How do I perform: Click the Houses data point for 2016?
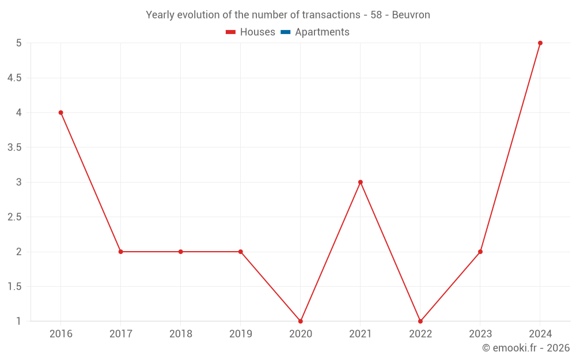pos(60,112)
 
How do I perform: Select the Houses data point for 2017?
pos(120,252)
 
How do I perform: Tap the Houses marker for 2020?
pos(301,321)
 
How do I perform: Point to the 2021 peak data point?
pos(361,182)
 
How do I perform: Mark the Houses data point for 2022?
pos(420,321)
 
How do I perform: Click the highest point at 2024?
pos(540,43)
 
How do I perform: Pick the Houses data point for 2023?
pos(480,252)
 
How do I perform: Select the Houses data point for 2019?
pos(241,252)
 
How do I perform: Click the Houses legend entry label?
pos(257,32)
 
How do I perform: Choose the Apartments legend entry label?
pos(322,32)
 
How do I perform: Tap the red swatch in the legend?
pos(231,32)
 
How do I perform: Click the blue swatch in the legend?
pos(286,32)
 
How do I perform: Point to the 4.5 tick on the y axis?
pos(14,78)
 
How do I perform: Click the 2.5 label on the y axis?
pos(14,217)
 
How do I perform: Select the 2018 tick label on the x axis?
pos(180,334)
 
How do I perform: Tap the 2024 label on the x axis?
pos(540,334)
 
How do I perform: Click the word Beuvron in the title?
pos(411,15)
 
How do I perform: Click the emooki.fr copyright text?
pos(526,348)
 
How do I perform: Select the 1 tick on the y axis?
pos(18,321)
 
